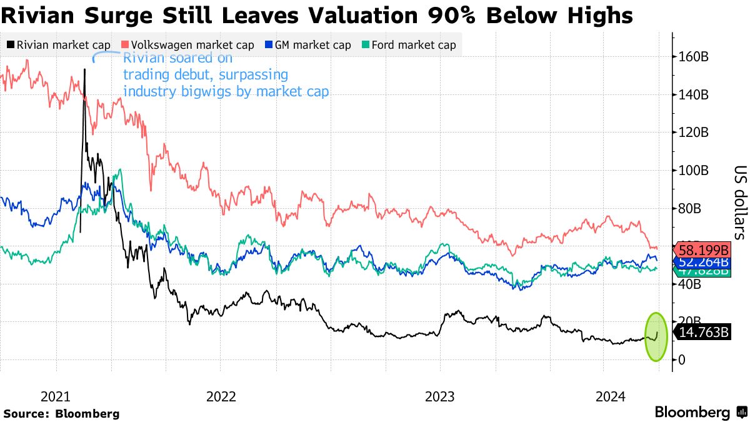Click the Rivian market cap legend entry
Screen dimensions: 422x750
tap(59, 45)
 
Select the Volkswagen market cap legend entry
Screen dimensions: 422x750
tap(187, 45)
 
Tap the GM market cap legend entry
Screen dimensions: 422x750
tap(307, 45)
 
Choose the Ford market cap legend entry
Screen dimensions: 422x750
tap(409, 45)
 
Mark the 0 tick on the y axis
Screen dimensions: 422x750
tap(681, 360)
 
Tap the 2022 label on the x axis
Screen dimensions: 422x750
tap(220, 397)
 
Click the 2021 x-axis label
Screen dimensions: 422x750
tap(56, 397)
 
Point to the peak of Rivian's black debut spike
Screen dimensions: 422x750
tap(84, 69)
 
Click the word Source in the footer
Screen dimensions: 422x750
tap(26, 413)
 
